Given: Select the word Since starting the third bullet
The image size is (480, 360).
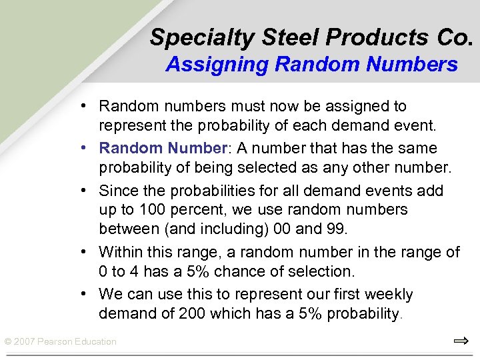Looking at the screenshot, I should point(117,191).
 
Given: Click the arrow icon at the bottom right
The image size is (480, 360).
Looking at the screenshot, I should point(461,341).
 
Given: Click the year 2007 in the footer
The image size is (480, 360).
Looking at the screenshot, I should point(25,342).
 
